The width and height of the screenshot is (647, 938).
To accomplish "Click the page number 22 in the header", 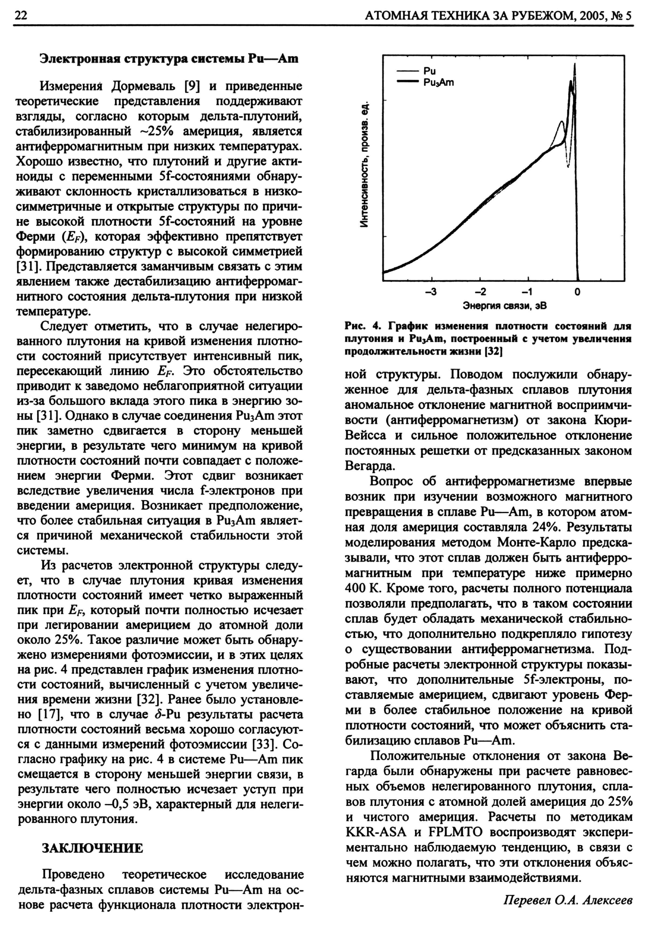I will (20, 15).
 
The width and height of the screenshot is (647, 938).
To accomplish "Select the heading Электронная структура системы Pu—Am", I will (169, 59).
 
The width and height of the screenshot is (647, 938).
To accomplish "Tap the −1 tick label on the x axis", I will (527, 292).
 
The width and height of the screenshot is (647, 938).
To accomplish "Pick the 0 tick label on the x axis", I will (577, 292).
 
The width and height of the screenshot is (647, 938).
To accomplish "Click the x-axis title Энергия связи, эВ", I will (504, 306).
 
